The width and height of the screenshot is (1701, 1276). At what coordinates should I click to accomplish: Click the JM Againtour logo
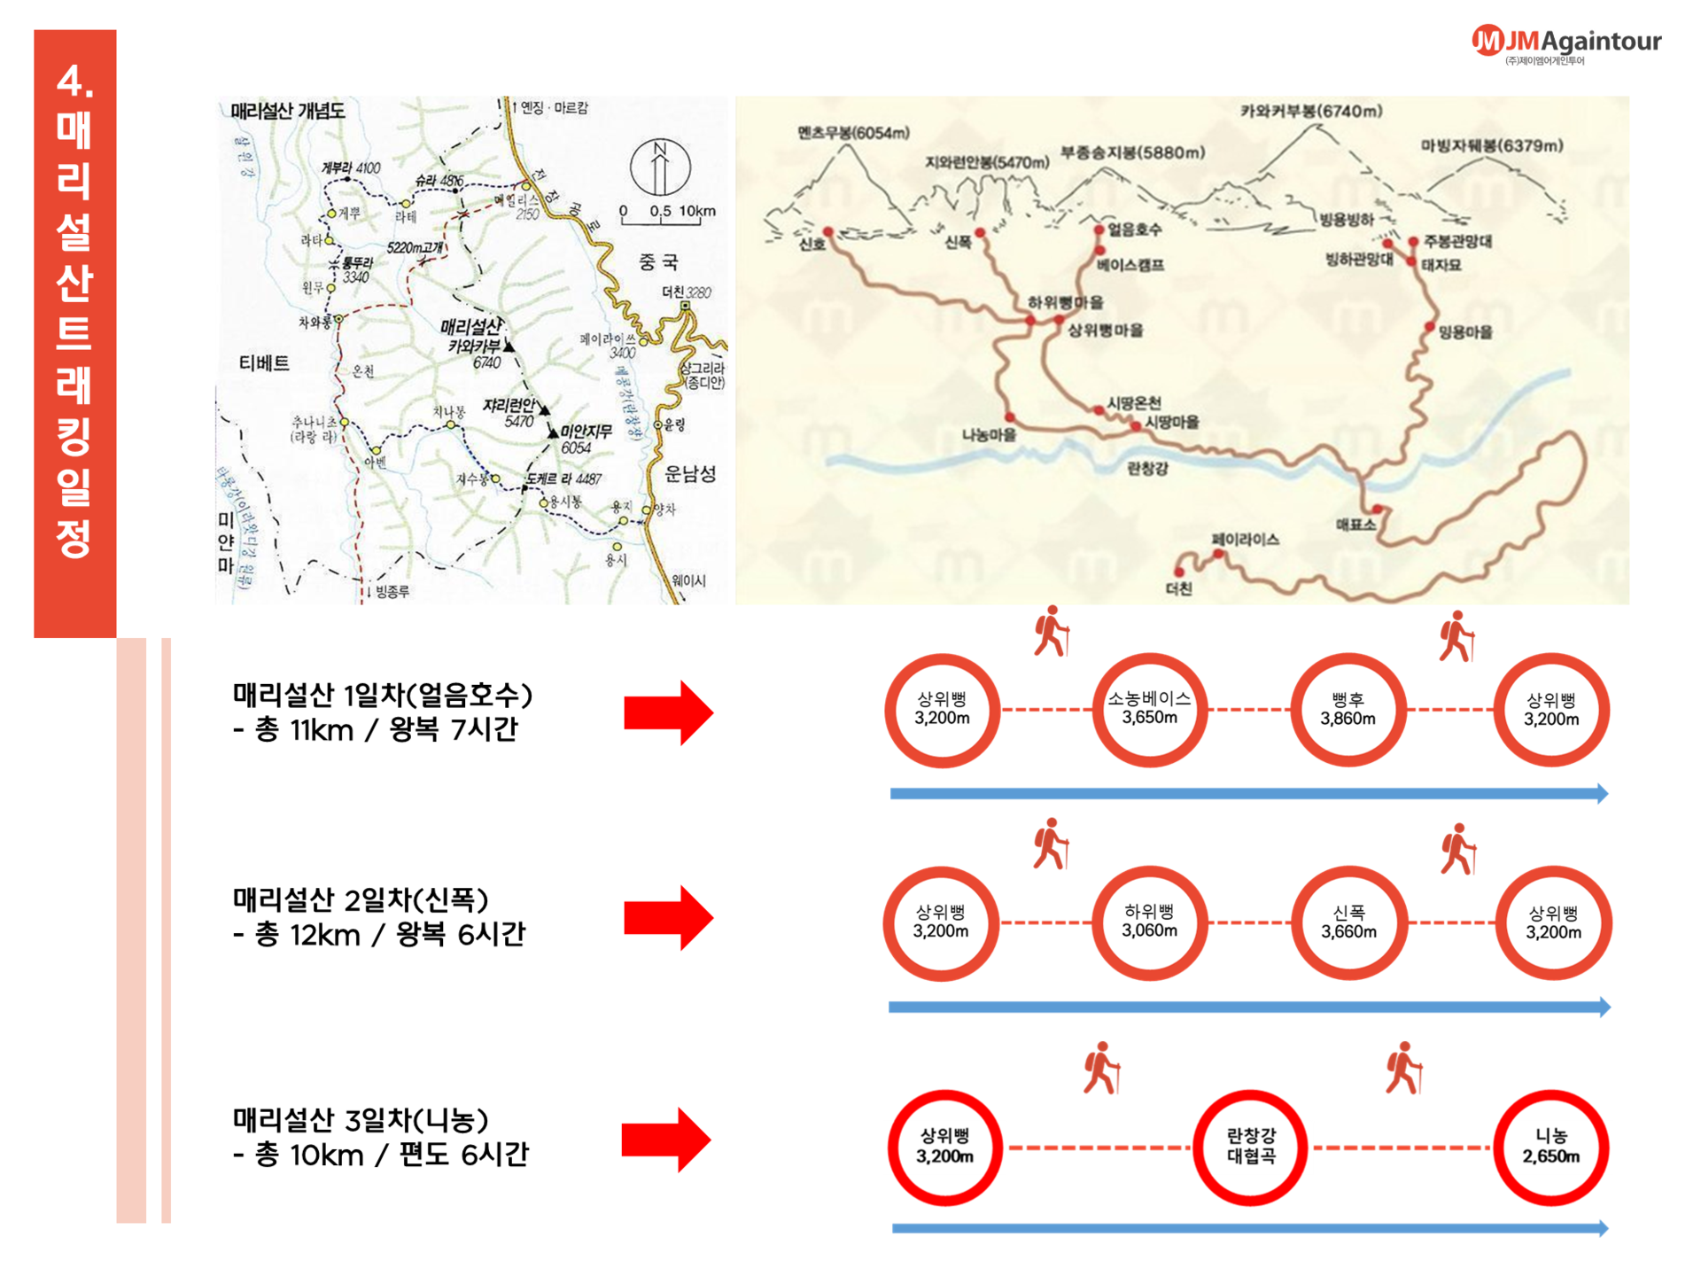point(1565,43)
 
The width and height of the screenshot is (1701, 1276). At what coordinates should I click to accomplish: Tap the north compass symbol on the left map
point(660,167)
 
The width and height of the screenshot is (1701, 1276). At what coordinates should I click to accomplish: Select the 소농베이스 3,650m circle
point(1149,710)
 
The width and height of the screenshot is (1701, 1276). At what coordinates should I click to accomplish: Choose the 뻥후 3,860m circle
point(1348,710)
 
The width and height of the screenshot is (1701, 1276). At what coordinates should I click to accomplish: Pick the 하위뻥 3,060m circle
point(1149,922)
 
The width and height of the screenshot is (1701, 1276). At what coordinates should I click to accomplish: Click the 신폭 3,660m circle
point(1348,922)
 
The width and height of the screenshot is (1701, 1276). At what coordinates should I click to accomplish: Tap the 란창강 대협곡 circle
point(1250,1147)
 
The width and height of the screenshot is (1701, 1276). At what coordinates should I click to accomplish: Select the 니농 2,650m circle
point(1550,1147)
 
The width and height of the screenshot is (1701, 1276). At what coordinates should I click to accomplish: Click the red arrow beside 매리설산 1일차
point(668,712)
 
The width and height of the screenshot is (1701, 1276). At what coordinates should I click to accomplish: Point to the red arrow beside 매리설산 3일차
point(665,1140)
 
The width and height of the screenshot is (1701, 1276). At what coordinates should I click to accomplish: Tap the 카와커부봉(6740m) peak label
point(1310,112)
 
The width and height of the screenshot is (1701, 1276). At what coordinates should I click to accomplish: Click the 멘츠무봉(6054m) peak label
point(852,134)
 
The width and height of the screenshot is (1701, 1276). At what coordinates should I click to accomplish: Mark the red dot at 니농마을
point(1009,417)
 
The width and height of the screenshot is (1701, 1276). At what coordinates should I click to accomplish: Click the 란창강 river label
point(1147,468)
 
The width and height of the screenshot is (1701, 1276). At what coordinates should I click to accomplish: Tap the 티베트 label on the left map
point(264,363)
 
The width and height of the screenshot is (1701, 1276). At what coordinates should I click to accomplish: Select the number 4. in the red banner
point(75,82)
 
